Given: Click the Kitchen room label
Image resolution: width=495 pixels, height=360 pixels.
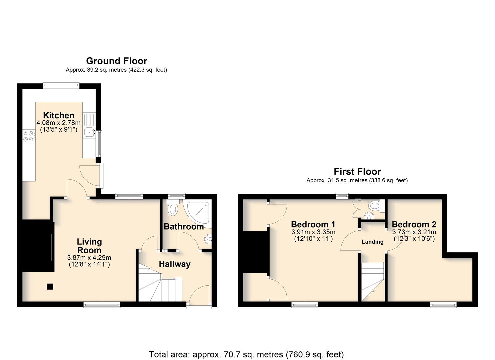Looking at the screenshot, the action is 59,115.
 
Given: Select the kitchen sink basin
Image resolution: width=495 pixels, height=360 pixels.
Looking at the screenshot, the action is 89,132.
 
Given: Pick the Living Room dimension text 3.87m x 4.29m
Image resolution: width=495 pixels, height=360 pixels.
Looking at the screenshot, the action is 89,258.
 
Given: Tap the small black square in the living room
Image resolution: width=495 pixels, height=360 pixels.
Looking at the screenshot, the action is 50,287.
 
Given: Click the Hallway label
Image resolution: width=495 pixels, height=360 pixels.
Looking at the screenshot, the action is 175,264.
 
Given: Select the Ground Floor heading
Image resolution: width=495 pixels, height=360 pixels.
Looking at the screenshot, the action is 116,61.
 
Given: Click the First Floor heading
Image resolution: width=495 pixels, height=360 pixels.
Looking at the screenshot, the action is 357,171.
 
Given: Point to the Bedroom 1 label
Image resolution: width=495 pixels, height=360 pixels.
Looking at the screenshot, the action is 313,224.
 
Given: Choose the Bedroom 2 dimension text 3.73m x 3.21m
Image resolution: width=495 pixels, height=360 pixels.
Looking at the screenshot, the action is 414,232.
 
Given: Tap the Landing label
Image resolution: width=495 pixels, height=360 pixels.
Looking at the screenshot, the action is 373,242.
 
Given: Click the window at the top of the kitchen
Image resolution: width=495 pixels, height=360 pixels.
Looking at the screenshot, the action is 61,86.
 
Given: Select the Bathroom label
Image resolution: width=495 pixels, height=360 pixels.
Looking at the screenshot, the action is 184,227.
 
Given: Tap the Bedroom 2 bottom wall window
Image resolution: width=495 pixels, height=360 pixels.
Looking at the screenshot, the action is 443,305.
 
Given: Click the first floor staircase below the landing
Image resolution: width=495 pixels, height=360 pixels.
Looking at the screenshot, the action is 373,282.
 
